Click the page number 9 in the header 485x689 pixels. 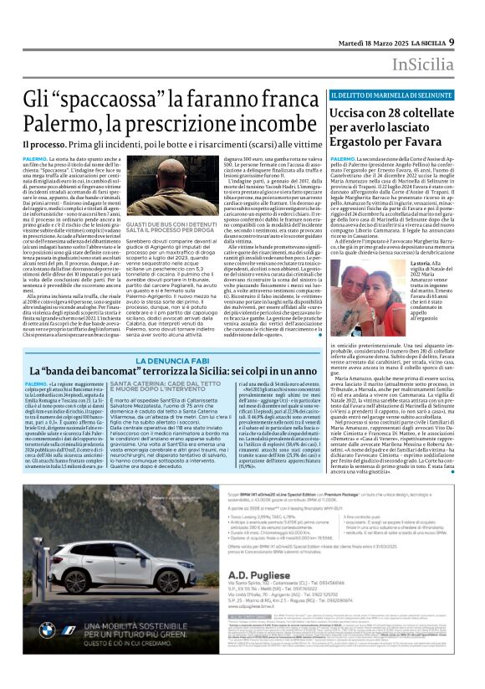[x=452, y=18]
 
